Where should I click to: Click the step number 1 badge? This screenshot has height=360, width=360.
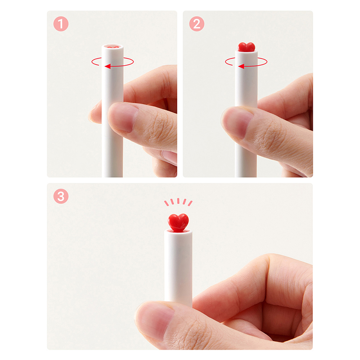[x=61, y=24]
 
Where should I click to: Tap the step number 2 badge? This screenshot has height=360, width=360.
[x=197, y=24]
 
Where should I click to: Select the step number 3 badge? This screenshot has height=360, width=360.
[x=61, y=196]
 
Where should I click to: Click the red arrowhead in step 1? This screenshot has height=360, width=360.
[x=108, y=66]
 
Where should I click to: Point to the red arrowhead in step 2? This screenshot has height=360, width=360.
[x=241, y=66]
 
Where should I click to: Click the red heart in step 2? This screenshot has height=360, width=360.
[x=246, y=47]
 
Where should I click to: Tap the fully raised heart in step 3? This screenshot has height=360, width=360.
[x=178, y=222]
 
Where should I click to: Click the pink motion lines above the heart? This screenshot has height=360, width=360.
[x=178, y=202]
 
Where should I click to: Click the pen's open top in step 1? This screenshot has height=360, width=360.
[x=112, y=47]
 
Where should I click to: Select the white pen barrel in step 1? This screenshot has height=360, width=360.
[x=112, y=110]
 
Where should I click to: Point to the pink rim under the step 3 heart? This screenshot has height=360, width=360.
[x=178, y=231]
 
